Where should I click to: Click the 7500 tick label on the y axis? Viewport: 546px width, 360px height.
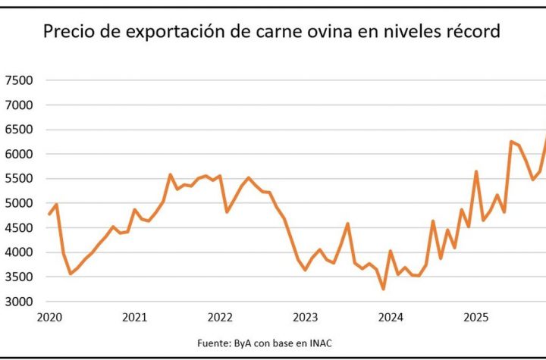click(18, 80)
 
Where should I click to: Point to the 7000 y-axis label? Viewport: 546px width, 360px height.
click(18, 105)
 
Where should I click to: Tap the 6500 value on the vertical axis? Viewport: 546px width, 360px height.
click(18, 130)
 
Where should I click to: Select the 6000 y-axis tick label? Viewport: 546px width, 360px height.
click(18, 155)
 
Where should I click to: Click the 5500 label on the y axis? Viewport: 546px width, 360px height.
click(18, 179)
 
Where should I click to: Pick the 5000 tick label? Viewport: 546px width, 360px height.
click(18, 204)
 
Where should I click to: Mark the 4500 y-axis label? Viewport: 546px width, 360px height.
click(18, 228)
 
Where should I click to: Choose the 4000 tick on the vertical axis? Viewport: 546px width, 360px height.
click(18, 253)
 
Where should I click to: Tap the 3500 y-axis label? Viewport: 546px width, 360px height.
click(18, 277)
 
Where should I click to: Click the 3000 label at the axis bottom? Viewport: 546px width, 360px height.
click(18, 302)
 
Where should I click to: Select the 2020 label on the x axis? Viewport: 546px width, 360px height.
click(49, 317)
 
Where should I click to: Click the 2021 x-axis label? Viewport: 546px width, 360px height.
click(134, 317)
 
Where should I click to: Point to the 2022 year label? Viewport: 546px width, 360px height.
click(220, 317)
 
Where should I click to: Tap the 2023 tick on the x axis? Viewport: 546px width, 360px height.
click(305, 317)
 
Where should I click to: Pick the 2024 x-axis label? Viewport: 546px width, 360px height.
click(391, 317)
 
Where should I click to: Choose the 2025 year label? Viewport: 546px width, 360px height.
click(475, 317)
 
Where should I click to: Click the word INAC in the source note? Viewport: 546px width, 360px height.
click(319, 343)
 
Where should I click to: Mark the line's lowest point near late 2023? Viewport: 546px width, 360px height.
click(383, 289)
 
